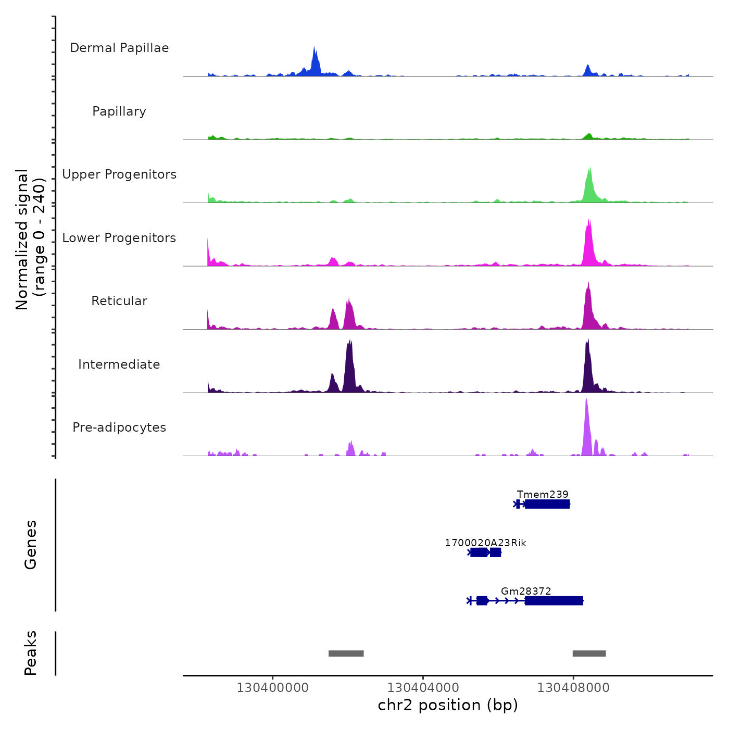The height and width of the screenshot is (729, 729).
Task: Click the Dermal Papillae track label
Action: [119, 48]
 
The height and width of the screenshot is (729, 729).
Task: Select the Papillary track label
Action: [119, 111]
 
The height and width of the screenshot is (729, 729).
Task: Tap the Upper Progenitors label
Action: [119, 174]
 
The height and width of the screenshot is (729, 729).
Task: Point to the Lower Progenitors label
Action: [119, 238]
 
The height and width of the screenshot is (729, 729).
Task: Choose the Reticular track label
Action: [119, 301]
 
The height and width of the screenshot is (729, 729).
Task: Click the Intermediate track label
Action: [119, 364]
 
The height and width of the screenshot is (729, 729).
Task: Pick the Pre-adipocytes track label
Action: [119, 428]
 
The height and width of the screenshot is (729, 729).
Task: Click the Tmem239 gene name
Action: [543, 494]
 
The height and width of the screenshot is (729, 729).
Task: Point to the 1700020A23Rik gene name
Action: [485, 543]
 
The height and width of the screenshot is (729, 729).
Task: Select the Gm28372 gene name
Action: [526, 591]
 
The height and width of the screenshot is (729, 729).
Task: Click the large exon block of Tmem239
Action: [547, 504]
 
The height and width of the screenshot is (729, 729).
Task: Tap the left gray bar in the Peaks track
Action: [346, 653]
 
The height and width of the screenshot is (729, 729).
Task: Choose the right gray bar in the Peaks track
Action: [589, 653]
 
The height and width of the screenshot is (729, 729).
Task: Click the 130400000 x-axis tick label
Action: [272, 688]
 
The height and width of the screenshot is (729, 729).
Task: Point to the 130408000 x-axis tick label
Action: [573, 688]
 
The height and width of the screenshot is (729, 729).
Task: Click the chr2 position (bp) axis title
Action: [448, 706]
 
